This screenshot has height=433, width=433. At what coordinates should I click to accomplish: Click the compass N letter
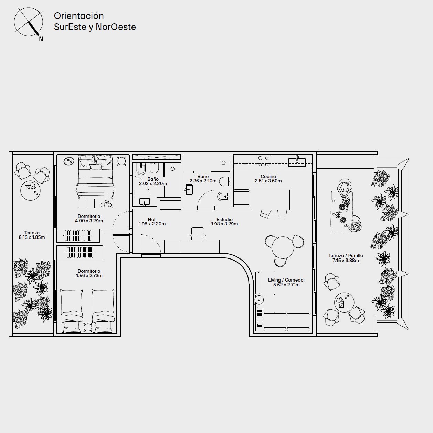point(41,39)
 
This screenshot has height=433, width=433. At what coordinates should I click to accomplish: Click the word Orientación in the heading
point(79,16)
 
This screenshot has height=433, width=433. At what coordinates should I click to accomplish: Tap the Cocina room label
point(268,176)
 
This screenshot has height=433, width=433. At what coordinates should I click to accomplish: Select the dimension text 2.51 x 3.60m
point(268,181)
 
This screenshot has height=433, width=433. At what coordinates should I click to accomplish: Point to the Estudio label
point(224,219)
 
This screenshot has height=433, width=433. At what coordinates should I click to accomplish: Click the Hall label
point(152,219)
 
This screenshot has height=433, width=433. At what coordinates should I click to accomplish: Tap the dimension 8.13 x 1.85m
point(32,237)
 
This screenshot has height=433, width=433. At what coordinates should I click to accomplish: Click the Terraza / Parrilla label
point(346,255)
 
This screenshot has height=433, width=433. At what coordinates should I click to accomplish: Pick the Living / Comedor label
point(286,280)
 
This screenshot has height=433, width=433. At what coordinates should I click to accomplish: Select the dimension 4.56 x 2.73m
point(89,275)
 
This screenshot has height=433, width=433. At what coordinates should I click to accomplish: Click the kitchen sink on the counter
point(297,162)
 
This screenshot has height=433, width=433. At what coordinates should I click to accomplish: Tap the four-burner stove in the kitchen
point(263,161)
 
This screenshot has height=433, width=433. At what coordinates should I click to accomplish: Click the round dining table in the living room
point(283,248)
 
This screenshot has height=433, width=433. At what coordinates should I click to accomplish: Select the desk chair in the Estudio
point(197,233)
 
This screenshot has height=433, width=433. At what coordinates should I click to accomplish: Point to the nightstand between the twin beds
point(87,327)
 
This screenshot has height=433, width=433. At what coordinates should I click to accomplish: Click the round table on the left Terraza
point(30,191)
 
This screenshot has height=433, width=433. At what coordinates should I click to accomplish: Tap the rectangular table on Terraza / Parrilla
point(341,211)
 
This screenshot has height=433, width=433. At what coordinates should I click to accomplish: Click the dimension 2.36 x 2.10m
point(203,181)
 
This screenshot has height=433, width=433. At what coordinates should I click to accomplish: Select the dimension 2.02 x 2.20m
point(153,183)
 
